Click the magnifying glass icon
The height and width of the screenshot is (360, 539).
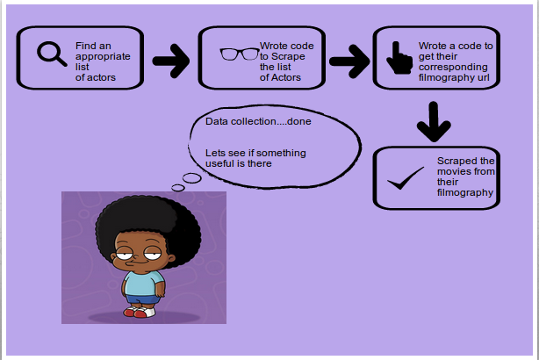[52, 54]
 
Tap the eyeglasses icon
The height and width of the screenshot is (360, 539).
[239, 54]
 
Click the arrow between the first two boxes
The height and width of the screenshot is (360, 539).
[171, 61]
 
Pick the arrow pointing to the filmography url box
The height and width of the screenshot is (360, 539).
[348, 61]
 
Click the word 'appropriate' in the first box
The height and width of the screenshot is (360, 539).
[103, 56]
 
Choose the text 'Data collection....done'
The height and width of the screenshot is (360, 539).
[258, 121]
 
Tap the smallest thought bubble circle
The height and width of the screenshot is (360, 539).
[177, 188]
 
